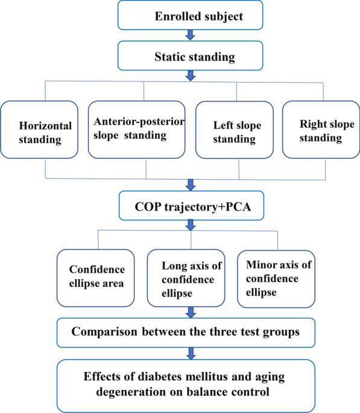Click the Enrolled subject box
[x=191, y=16]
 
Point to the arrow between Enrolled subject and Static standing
[x=191, y=36]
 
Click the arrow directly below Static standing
[x=191, y=76]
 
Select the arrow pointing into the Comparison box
[x=191, y=312]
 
